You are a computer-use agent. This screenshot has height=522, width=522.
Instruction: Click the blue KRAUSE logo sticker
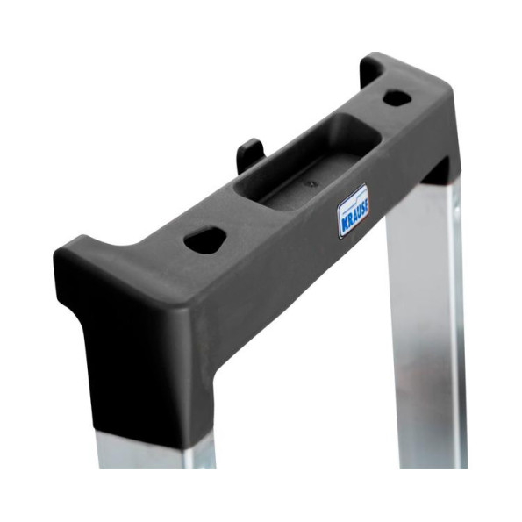[354, 211]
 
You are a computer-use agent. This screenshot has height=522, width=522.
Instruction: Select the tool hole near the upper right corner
[397, 97]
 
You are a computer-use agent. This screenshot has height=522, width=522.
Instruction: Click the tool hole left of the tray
[205, 238]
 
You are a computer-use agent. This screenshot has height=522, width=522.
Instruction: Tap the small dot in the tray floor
[311, 183]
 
